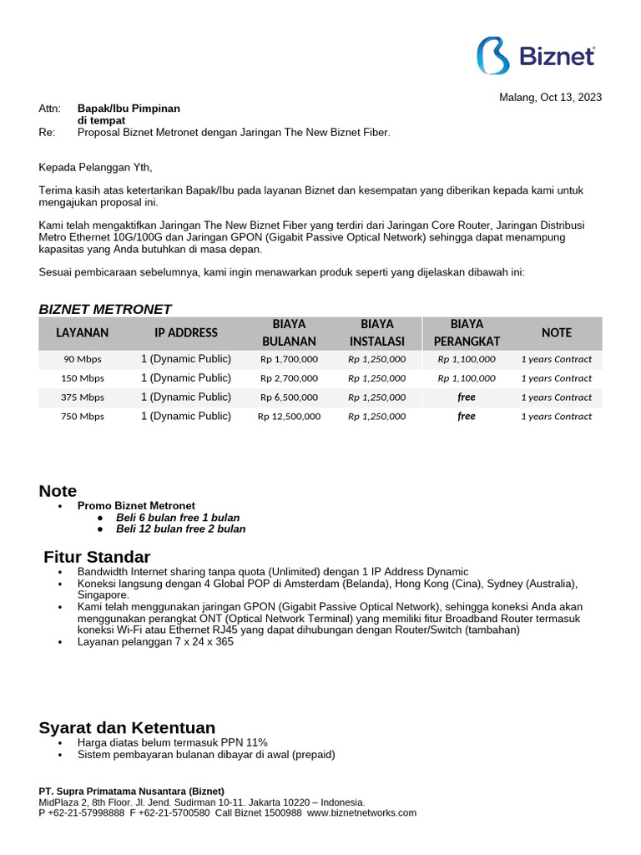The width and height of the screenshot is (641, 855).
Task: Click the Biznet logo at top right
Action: point(536,56)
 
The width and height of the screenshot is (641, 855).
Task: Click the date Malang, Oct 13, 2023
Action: point(550,97)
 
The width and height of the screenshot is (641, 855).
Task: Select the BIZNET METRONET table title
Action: point(105,309)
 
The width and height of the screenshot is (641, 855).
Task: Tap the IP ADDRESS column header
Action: point(186,332)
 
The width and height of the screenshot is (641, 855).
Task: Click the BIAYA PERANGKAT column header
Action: point(467,332)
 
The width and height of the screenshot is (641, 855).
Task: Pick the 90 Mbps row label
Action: point(82,359)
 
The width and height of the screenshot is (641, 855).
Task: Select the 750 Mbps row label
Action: point(82,417)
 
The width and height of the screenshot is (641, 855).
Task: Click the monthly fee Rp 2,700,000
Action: point(289,378)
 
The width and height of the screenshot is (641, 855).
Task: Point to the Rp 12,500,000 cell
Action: point(289,417)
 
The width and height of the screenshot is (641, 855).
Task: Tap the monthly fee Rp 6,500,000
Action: point(289,397)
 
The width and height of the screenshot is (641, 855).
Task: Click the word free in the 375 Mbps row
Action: point(467,397)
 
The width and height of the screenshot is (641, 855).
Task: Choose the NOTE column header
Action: point(557,332)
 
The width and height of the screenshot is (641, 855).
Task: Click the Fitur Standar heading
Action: point(97,557)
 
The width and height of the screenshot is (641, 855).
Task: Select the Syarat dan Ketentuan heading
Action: point(127,727)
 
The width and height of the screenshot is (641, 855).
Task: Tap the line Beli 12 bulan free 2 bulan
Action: point(180,529)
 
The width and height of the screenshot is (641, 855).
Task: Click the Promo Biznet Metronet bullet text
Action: point(136,505)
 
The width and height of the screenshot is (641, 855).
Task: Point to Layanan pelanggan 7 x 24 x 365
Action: point(155,642)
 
